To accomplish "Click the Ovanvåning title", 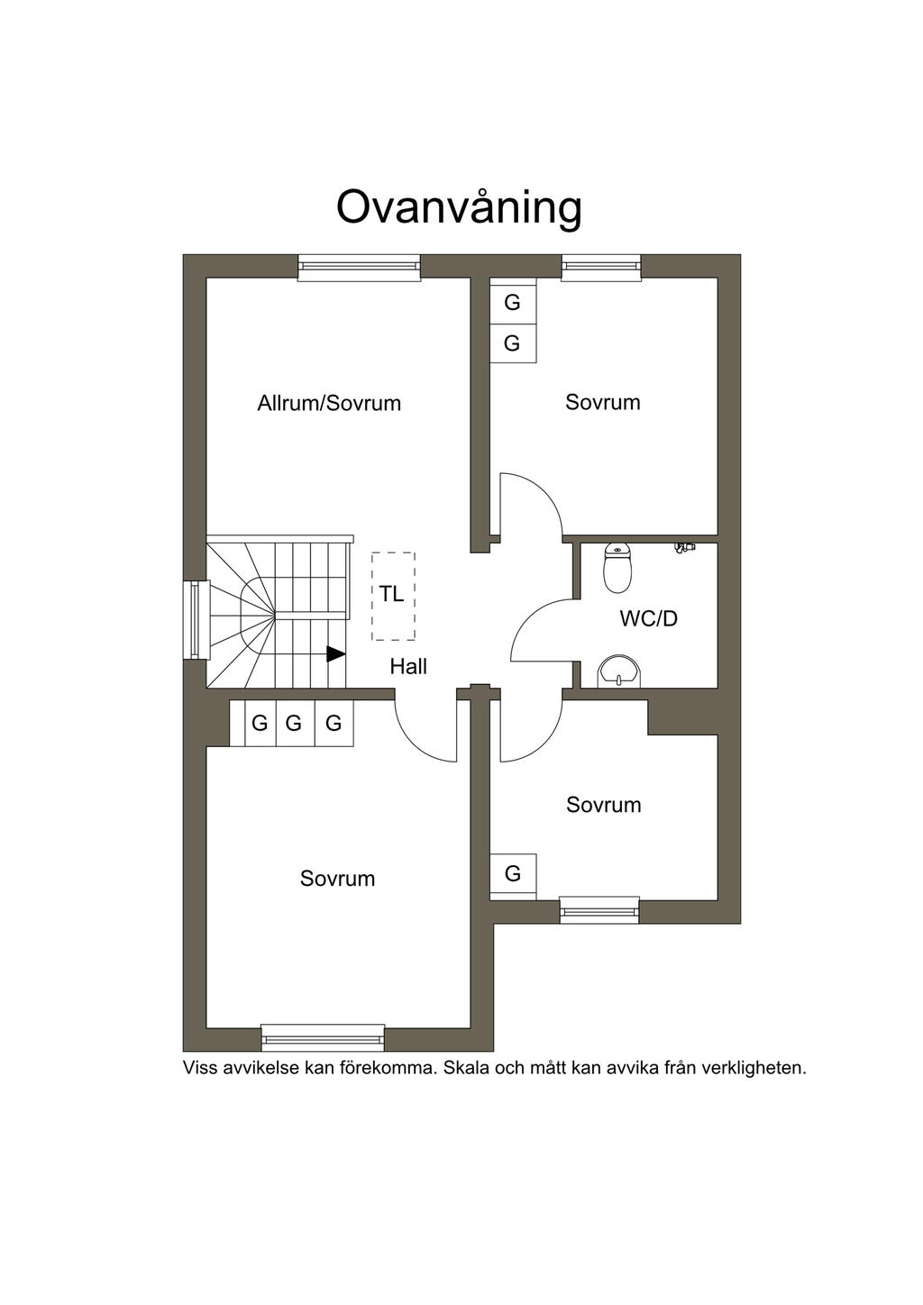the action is (x=459, y=208).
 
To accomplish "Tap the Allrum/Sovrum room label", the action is (x=329, y=403).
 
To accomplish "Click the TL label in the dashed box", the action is (x=391, y=594).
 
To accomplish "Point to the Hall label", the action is (x=408, y=667).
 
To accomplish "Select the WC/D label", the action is (x=649, y=619).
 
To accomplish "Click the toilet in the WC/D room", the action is (x=617, y=568).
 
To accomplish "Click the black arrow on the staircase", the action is (x=335, y=654).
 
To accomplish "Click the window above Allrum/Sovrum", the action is (x=359, y=268).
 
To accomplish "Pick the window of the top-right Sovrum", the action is (x=601, y=268).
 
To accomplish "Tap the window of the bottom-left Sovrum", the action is (x=323, y=1037).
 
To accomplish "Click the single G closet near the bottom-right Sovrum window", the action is (x=513, y=874).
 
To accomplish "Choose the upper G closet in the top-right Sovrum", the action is (x=512, y=302).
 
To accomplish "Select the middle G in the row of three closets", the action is (x=294, y=724).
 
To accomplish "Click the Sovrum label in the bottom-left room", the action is (x=337, y=879).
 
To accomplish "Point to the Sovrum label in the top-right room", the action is (x=602, y=402).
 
